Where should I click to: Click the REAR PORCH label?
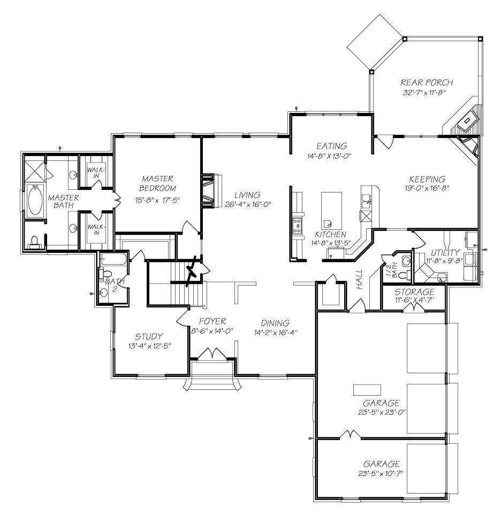point(426,82)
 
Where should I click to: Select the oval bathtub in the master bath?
point(36,199)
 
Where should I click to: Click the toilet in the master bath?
point(34,242)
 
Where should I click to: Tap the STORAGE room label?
point(414,292)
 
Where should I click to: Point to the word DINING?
point(275,323)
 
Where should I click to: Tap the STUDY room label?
point(148,336)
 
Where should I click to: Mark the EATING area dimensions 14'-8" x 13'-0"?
point(331,156)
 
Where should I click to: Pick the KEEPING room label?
point(427,179)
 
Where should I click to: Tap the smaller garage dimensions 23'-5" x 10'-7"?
point(382,473)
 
